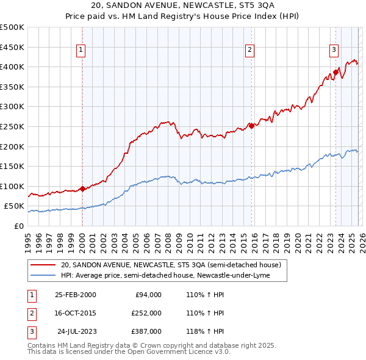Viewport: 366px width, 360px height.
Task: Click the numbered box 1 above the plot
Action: point(81,51)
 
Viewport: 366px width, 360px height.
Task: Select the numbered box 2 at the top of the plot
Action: point(250,51)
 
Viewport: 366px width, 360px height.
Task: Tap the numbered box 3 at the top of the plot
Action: point(334,51)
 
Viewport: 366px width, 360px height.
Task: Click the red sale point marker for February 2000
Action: point(82,189)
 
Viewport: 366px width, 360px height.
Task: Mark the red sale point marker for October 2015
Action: point(251,126)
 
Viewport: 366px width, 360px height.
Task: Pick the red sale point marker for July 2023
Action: point(335,72)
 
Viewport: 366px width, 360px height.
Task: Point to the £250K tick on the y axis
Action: point(12,126)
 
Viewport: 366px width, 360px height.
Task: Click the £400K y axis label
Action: point(12,67)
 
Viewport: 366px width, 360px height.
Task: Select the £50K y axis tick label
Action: point(14,206)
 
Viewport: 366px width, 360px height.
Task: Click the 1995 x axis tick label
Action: point(28,239)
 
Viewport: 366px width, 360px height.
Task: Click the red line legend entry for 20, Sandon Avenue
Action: point(171,265)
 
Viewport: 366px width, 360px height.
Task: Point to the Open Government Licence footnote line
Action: point(129,353)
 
